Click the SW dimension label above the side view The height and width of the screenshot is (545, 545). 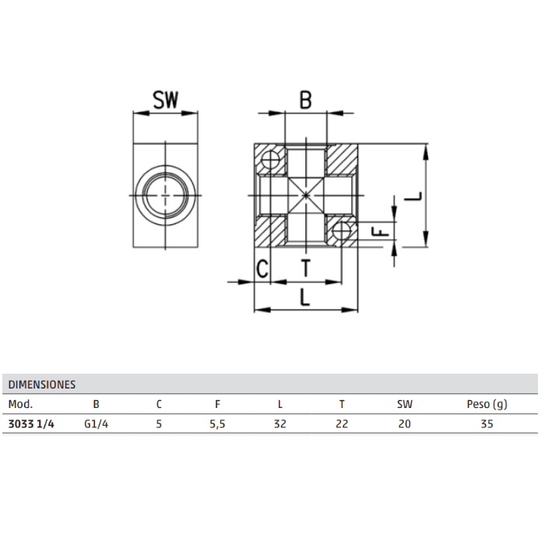(165, 100)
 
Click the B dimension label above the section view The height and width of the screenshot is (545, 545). (305, 100)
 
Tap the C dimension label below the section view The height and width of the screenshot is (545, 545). (262, 269)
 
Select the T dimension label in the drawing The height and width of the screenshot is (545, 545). (306, 268)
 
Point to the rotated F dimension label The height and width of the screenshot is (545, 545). (380, 231)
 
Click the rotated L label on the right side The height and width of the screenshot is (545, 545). (413, 196)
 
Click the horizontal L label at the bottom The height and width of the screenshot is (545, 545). (305, 297)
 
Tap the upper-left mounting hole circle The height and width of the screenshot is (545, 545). (270, 160)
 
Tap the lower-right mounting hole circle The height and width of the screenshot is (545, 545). (341, 230)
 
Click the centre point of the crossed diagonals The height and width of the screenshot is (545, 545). (306, 195)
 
